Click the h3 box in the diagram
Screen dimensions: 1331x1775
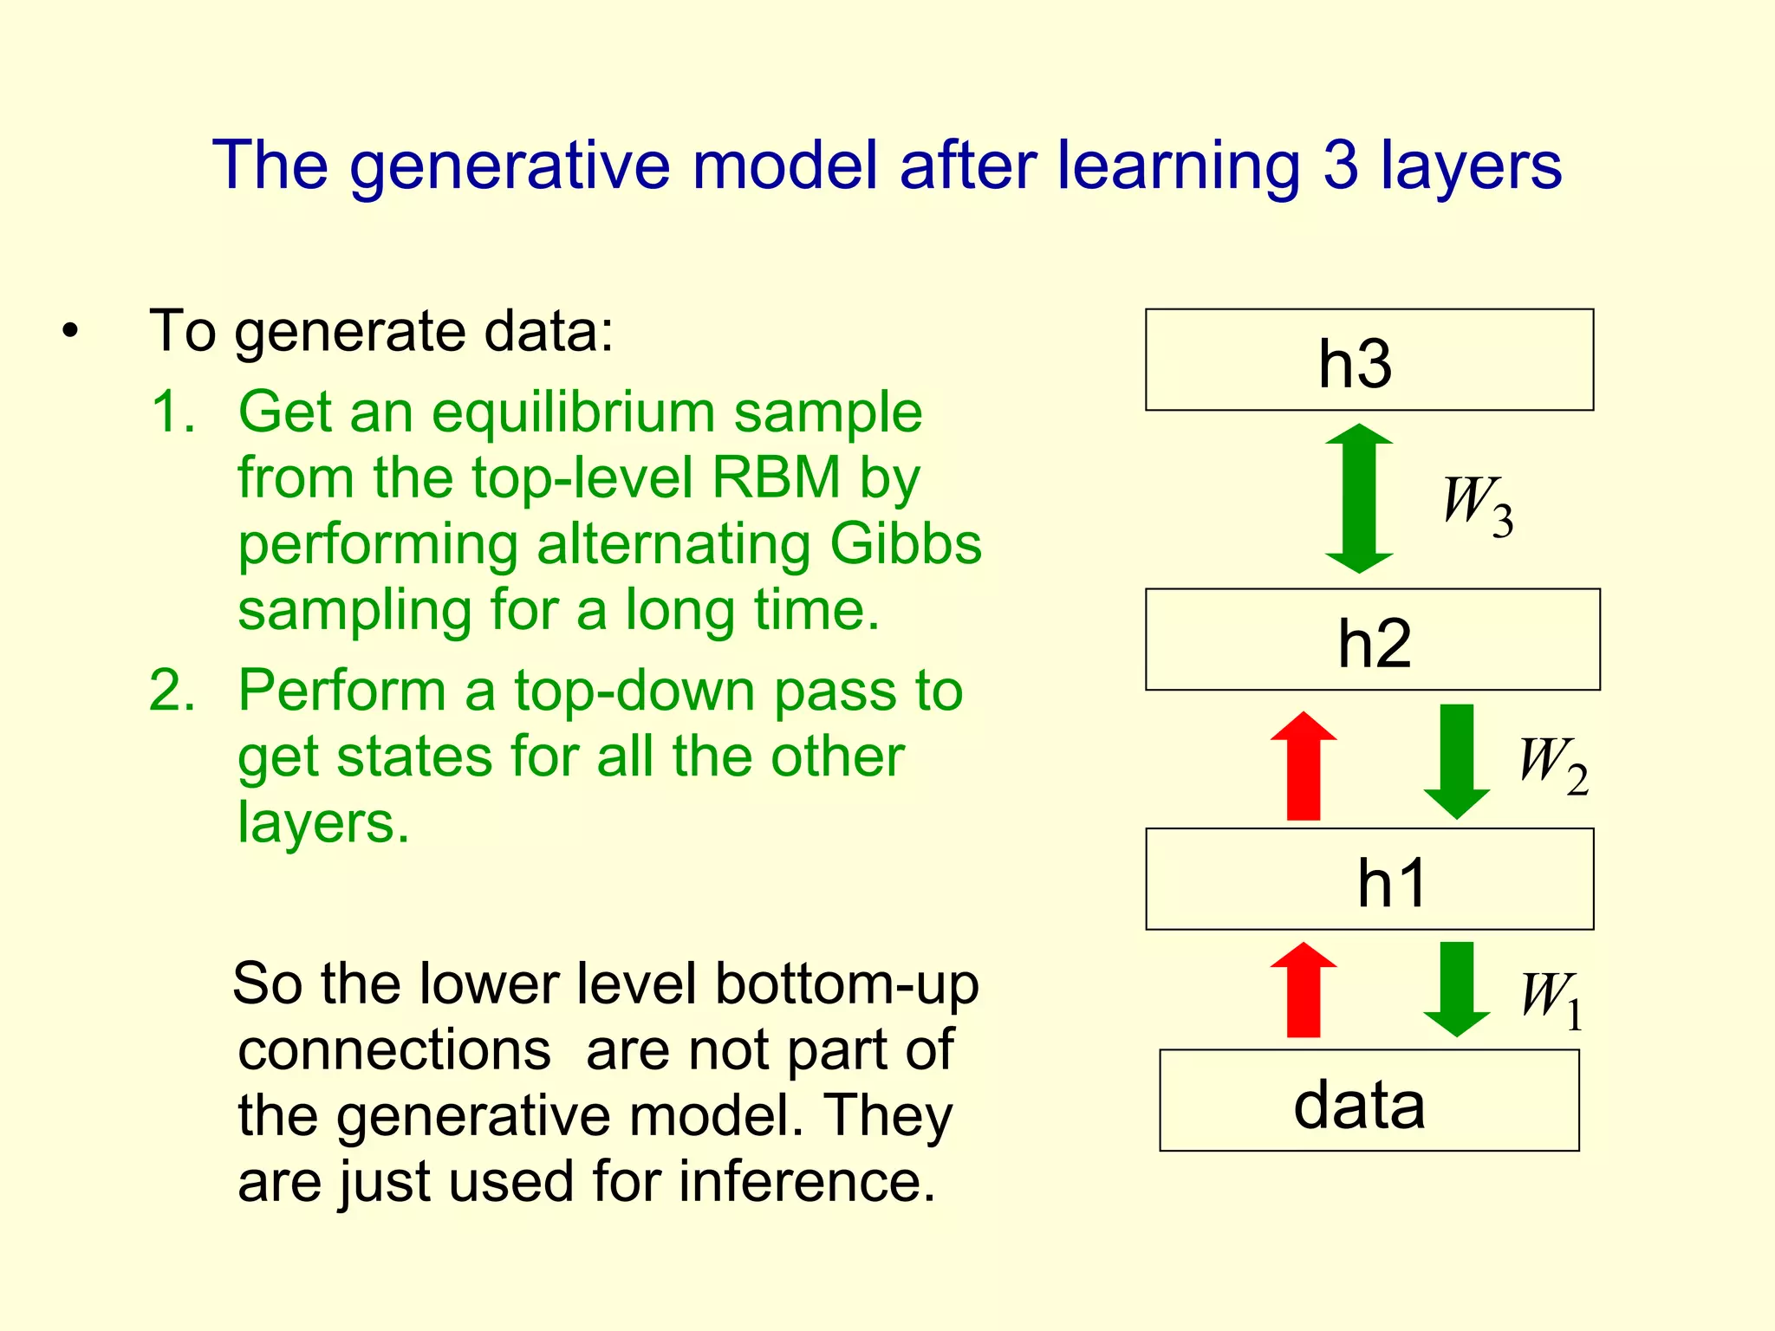pyautogui.click(x=1369, y=360)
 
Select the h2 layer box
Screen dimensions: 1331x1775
pyautogui.click(x=1372, y=640)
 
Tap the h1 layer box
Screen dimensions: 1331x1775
pyautogui.click(x=1369, y=879)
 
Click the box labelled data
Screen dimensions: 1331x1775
pyautogui.click(x=1369, y=1101)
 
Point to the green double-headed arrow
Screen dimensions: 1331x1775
pyautogui.click(x=1358, y=498)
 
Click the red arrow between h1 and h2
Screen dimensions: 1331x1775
pyautogui.click(x=1303, y=766)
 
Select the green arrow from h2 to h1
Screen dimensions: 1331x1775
pyautogui.click(x=1456, y=761)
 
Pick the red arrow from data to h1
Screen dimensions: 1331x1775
pyautogui.click(x=1303, y=990)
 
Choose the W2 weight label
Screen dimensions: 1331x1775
pyautogui.click(x=1552, y=764)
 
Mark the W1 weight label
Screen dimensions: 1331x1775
pyautogui.click(x=1551, y=998)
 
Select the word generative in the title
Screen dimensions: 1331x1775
pyautogui.click(x=510, y=166)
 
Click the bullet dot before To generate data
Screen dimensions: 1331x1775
pyautogui.click(x=70, y=332)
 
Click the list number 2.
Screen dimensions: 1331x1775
pyautogui.click(x=172, y=691)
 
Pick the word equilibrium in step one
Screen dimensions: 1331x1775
pyautogui.click(x=573, y=412)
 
